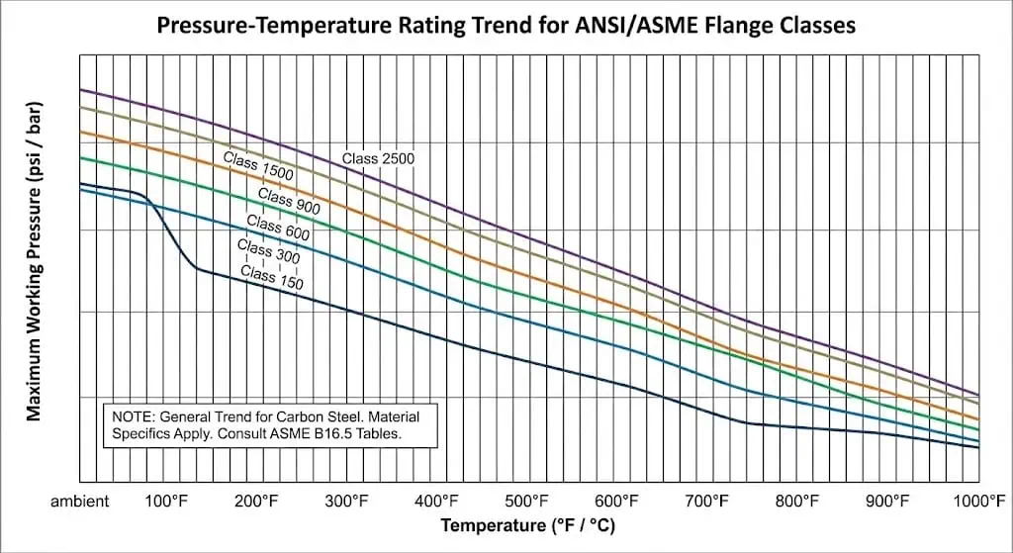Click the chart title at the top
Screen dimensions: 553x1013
[x=506, y=25]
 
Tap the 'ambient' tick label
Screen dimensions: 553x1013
[x=80, y=502]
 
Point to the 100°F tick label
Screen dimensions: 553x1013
[x=167, y=502]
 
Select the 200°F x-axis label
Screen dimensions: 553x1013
[x=257, y=502]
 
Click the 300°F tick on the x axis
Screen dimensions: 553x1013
[x=347, y=502]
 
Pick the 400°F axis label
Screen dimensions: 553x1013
[x=437, y=502]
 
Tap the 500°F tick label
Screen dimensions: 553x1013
[x=527, y=502]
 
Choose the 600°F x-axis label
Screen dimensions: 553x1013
[x=617, y=502]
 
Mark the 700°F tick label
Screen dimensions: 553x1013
[x=707, y=502]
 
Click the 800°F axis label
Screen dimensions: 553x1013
[x=797, y=502]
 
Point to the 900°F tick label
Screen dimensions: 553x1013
[x=887, y=502]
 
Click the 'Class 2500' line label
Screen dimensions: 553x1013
[x=378, y=158]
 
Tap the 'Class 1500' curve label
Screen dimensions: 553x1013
[x=258, y=167]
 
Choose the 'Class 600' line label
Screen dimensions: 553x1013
[x=278, y=228]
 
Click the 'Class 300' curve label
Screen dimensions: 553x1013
[x=268, y=251]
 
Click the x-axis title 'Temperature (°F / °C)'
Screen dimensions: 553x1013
[x=527, y=525]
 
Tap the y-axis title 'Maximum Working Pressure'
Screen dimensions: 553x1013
[x=35, y=260]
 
